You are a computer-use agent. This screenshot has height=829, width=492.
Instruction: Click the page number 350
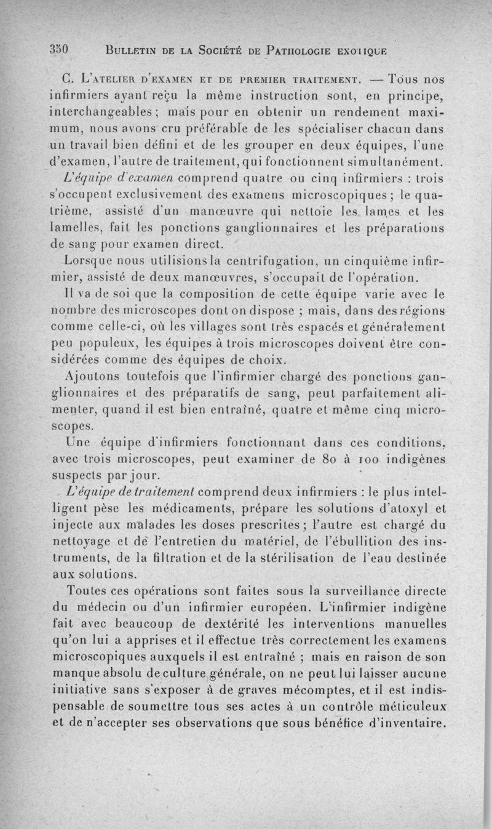pos(62,49)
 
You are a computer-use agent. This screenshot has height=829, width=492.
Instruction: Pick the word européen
pos(338,607)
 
